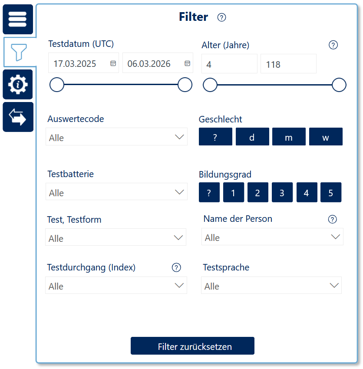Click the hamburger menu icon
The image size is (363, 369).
click(x=18, y=19)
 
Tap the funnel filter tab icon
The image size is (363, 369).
click(x=19, y=52)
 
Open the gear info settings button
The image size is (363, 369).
click(x=18, y=85)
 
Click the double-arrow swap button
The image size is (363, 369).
click(x=18, y=117)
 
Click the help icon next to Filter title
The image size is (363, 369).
click(x=221, y=17)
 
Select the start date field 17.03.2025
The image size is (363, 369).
click(x=83, y=63)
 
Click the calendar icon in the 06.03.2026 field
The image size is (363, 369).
click(x=187, y=63)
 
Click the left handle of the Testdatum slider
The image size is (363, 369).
click(x=57, y=85)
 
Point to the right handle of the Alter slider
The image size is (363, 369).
click(x=339, y=85)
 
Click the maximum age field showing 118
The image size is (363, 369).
click(x=288, y=64)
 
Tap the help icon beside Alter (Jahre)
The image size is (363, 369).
click(x=333, y=45)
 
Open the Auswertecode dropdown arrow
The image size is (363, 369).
click(x=179, y=137)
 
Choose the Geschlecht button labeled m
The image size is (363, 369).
click(x=289, y=137)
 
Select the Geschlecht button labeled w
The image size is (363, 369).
click(x=326, y=137)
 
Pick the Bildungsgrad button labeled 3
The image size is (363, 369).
click(x=282, y=192)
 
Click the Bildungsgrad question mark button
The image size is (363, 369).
click(x=209, y=192)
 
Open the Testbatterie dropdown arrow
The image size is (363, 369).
click(x=179, y=192)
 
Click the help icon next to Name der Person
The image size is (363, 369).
click(x=333, y=219)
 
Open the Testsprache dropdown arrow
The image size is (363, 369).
click(x=334, y=286)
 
